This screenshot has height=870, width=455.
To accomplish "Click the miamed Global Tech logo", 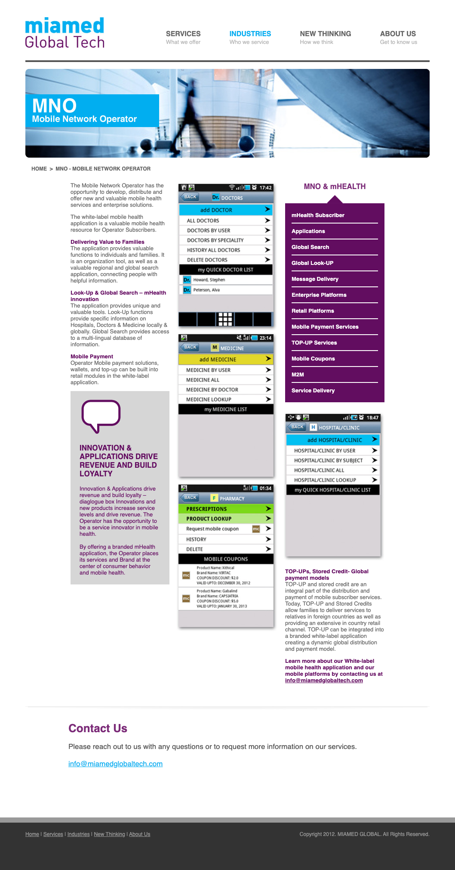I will [65, 33].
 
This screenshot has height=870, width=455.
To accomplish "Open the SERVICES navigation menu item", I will [183, 34].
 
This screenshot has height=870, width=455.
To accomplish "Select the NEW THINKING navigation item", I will [325, 34].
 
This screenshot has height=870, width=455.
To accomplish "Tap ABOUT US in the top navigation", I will [398, 34].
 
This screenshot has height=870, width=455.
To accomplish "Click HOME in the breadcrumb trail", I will [39, 169].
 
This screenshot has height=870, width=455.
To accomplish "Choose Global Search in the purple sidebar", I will [310, 247].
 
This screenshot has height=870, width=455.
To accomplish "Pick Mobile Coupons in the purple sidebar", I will [313, 359].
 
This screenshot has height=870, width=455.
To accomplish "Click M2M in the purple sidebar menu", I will [298, 375].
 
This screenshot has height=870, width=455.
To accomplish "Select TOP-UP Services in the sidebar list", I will [314, 343].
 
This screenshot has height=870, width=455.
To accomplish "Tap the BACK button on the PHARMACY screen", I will [190, 497].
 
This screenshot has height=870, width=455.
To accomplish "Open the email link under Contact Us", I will [115, 764].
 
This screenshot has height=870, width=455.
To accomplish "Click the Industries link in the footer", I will [78, 834].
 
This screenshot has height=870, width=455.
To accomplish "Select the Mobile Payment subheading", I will [92, 357].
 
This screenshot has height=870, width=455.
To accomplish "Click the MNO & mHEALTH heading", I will [335, 186].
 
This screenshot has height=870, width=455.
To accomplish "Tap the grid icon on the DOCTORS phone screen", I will [225, 319].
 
